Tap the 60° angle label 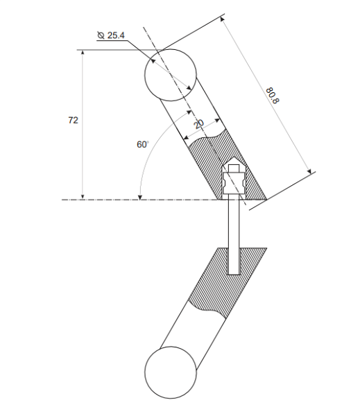(x=142, y=144)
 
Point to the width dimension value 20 (x=199, y=123)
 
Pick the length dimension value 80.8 (x=271, y=95)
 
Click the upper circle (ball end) (x=171, y=73)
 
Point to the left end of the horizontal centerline (x=64, y=200)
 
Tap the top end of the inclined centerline (x=144, y=28)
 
